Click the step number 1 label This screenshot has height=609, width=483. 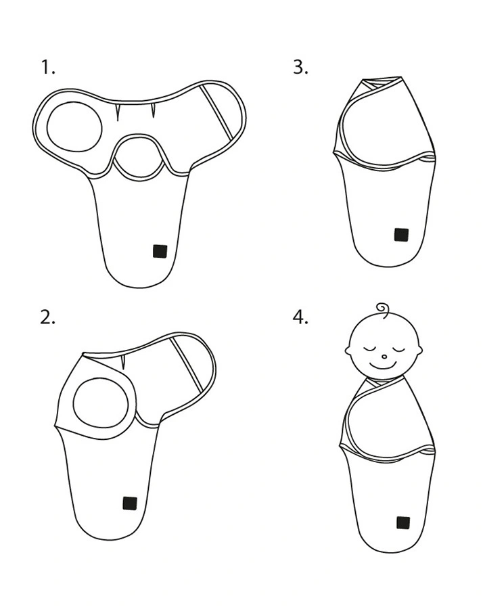tap(48, 68)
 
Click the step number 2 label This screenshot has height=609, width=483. tap(47, 318)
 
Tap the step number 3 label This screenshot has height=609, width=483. tap(300, 67)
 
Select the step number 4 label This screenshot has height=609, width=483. tap(300, 317)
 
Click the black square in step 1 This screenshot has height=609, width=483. tap(160, 251)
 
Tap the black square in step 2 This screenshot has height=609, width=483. tap(130, 503)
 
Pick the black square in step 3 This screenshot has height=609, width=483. tap(401, 235)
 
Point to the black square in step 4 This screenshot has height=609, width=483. tap(403, 522)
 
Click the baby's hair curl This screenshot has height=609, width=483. tap(384, 310)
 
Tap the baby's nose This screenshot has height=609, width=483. tap(384, 357)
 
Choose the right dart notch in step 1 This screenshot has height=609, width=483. tap(153, 111)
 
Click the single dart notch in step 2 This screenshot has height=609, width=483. tap(124, 361)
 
